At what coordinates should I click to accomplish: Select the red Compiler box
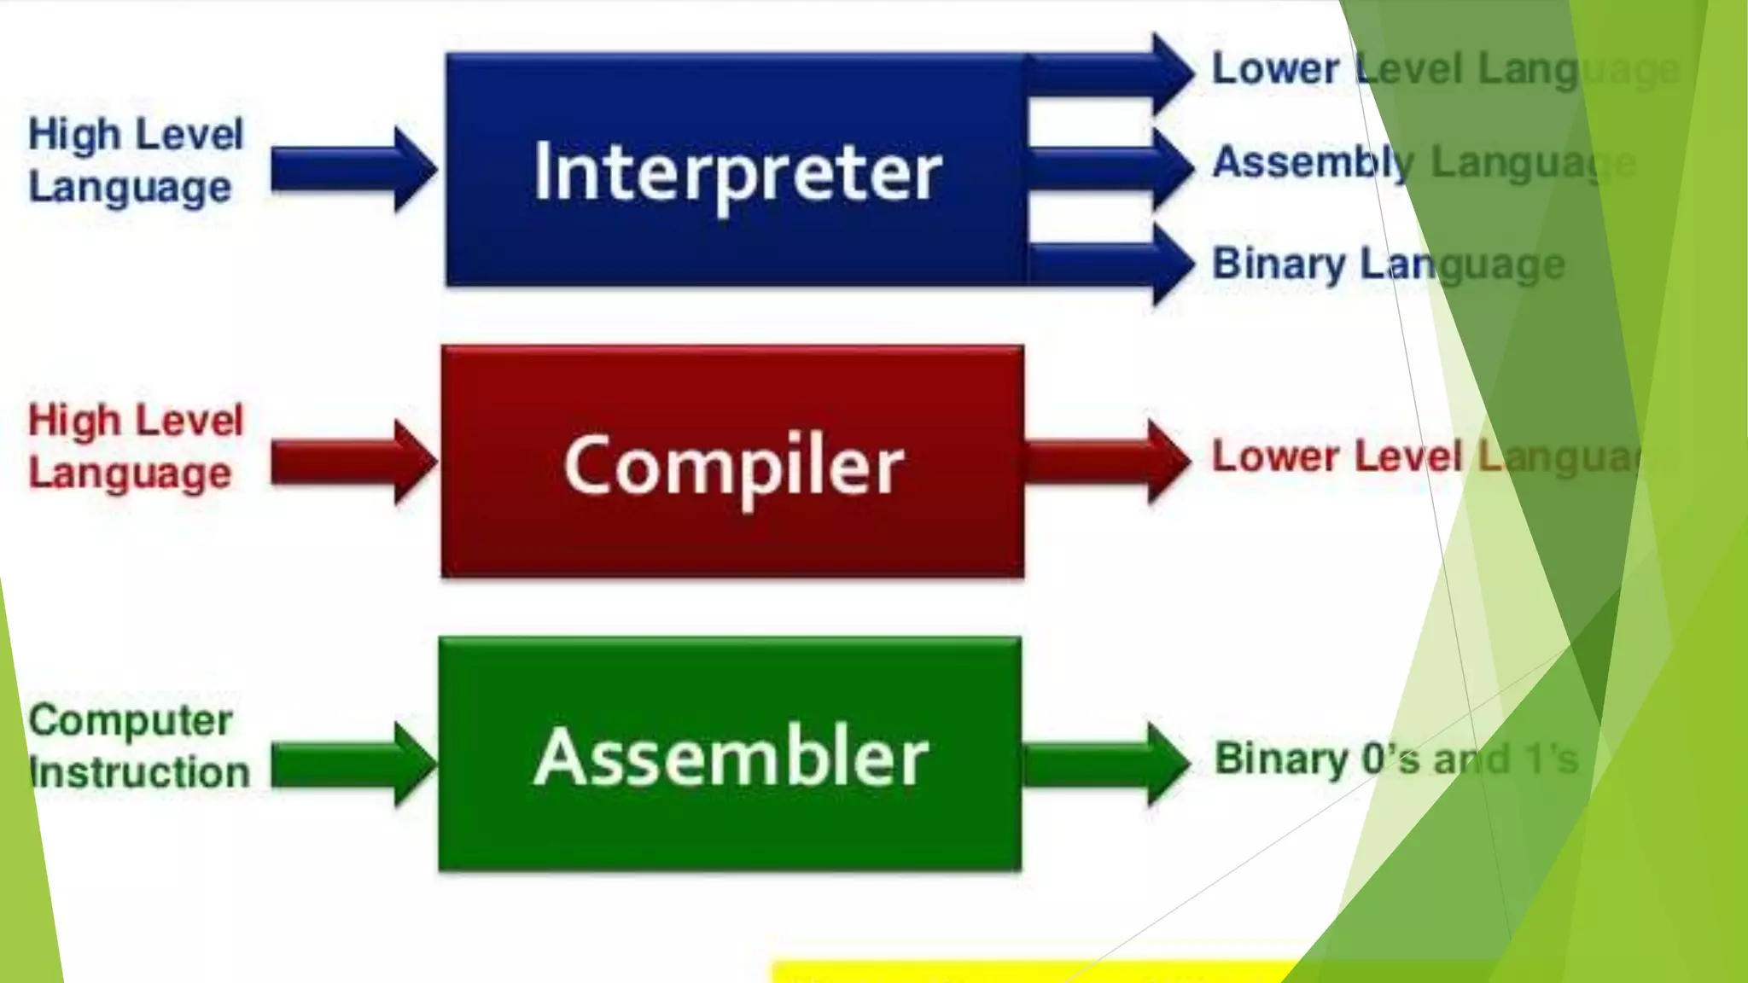click(732, 462)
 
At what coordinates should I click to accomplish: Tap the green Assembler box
click(731, 754)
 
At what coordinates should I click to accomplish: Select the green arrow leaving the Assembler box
click(1106, 763)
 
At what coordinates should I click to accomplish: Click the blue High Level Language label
click(135, 160)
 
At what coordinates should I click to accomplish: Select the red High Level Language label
click(135, 446)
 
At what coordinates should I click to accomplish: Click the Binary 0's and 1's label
click(1395, 759)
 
